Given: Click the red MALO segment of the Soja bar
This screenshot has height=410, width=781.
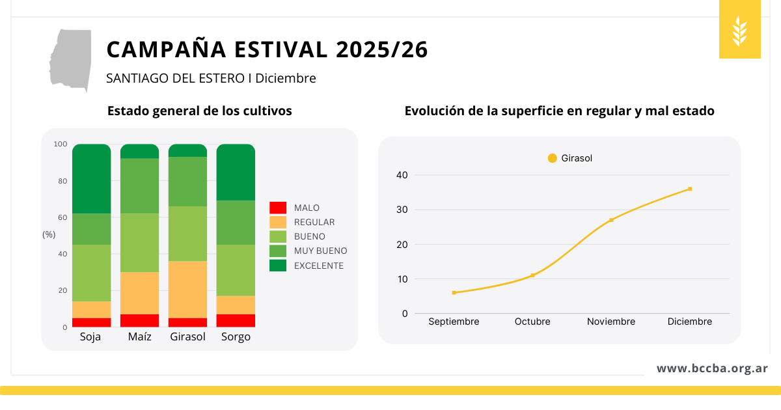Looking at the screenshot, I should pyautogui.click(x=91, y=322).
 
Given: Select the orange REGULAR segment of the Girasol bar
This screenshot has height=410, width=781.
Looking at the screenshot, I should pyautogui.click(x=187, y=289).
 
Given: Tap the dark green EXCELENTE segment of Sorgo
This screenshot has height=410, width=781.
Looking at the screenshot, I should pyautogui.click(x=236, y=172).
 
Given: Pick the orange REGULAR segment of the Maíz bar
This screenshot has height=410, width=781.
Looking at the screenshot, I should pyautogui.click(x=139, y=293).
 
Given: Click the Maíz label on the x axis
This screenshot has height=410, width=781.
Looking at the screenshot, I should pyautogui.click(x=139, y=337).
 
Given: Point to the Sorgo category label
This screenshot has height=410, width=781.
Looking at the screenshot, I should pyautogui.click(x=236, y=337).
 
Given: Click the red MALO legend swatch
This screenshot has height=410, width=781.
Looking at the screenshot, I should pyautogui.click(x=278, y=208).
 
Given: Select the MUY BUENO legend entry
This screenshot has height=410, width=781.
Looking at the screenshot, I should pyautogui.click(x=320, y=251).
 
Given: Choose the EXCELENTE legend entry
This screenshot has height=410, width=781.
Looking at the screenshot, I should pyautogui.click(x=318, y=266).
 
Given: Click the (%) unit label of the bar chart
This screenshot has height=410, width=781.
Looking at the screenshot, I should pyautogui.click(x=49, y=234).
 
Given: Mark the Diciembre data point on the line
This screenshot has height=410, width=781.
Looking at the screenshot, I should pyautogui.click(x=690, y=189).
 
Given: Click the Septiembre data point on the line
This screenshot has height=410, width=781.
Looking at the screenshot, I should pyautogui.click(x=454, y=293).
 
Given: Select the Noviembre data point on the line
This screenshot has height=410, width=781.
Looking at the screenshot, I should pyautogui.click(x=611, y=220).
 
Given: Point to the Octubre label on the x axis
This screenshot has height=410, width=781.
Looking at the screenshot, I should pyautogui.click(x=532, y=321).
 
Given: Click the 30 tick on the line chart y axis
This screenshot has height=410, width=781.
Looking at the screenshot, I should pyautogui.click(x=402, y=210).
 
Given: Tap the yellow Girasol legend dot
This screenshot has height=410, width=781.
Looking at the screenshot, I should pyautogui.click(x=553, y=158).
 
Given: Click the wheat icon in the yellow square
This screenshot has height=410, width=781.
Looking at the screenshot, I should pyautogui.click(x=740, y=31).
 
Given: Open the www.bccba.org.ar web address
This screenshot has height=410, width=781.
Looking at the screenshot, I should pyautogui.click(x=712, y=368).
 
